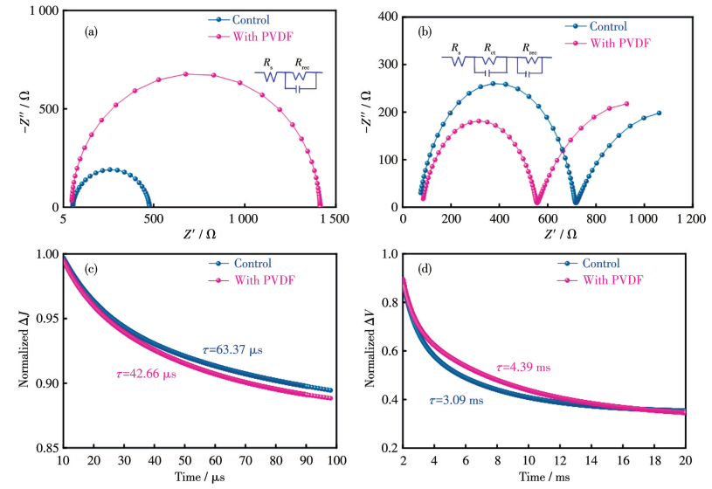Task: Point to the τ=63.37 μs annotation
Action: tap(231, 350)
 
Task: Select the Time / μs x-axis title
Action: tap(194, 477)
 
